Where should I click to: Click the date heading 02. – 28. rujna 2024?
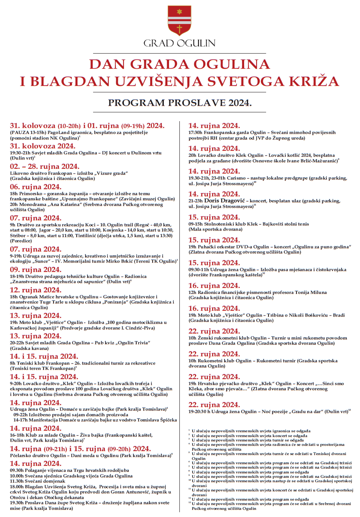click(x=45, y=167)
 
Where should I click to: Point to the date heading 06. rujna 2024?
click(x=36, y=187)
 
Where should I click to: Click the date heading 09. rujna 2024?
click(x=36, y=269)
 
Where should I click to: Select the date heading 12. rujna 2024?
click(x=36, y=290)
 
